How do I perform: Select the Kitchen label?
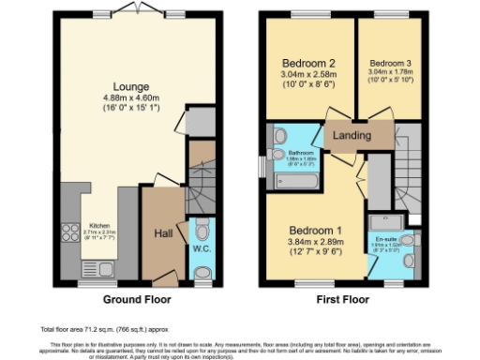point(99,225)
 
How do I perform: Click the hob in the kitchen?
point(69,232)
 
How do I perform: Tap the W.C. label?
point(201,251)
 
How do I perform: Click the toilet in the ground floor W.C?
point(202,273)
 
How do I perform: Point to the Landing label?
point(352,136)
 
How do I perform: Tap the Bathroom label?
point(300,152)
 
